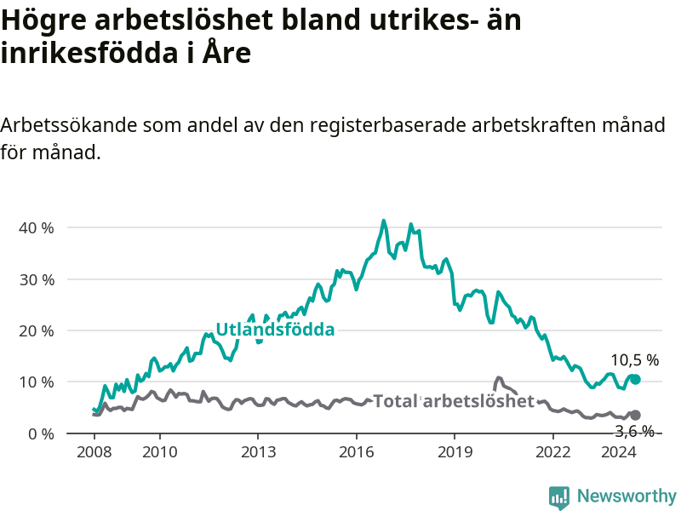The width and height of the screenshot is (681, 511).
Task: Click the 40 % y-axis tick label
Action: coord(37,227)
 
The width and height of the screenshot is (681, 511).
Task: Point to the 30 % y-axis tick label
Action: coord(37,279)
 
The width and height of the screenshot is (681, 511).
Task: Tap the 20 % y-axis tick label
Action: coord(37,331)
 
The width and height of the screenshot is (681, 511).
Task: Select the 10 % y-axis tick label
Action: coord(37,382)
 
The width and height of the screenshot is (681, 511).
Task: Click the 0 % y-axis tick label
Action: coord(41,433)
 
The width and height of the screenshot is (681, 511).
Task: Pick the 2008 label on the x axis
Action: coord(94,452)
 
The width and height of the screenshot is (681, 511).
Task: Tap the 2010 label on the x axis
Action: coord(160,452)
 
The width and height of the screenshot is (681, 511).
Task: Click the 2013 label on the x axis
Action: coord(258,452)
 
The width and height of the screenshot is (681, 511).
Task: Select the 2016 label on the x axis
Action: coord(356,452)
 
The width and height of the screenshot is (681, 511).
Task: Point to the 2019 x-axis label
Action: coord(455,452)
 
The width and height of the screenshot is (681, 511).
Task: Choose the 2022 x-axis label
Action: coord(552,452)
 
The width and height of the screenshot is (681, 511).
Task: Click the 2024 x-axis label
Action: coord(619,452)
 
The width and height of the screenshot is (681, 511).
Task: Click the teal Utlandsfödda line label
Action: coord(275,330)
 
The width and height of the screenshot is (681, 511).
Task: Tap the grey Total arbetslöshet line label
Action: coord(454,400)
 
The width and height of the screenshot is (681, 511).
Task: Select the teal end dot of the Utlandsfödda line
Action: coord(635,379)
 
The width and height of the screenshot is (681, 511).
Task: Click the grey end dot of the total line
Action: coord(635,415)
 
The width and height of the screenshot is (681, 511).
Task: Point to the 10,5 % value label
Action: coord(635,359)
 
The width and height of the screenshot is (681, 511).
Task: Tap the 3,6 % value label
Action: coord(635,431)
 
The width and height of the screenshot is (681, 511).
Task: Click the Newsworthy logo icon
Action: coord(559,497)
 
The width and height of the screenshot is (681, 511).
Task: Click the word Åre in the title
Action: coord(226,53)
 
